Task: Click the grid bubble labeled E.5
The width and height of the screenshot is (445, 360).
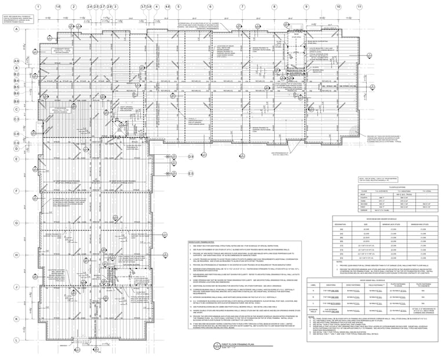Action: pos(189,173)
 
